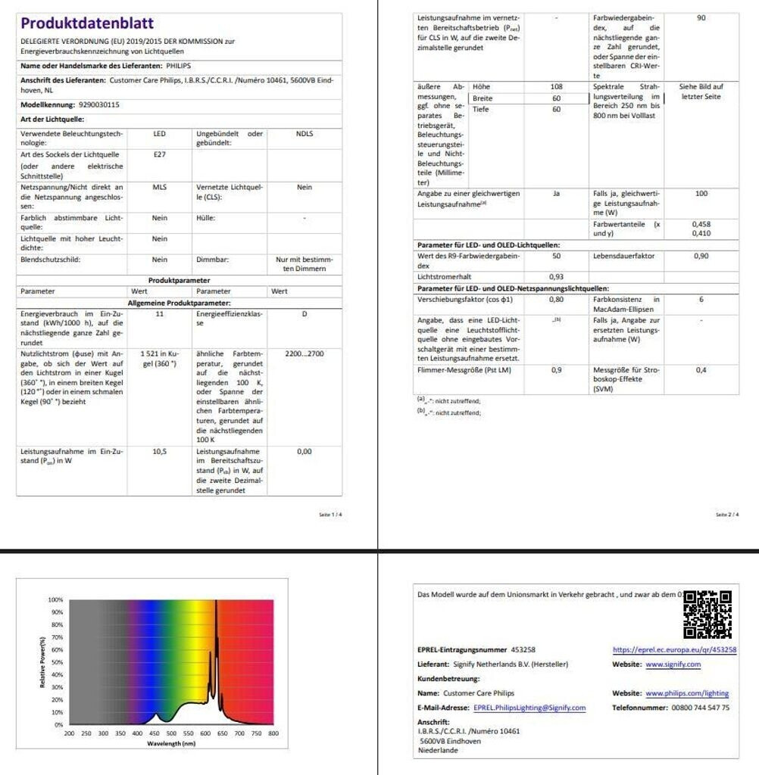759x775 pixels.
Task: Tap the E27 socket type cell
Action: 159,154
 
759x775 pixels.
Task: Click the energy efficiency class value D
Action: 304,313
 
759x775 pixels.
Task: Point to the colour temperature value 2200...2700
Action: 304,353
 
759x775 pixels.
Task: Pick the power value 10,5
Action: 159,451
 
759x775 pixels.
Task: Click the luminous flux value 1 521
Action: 151,353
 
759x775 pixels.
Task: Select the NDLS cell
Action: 304,134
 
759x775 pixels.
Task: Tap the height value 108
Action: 556,87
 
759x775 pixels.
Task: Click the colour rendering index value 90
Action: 701,17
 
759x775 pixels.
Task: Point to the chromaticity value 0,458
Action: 701,224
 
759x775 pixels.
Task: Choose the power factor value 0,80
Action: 556,299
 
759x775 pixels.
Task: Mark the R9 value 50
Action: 556,256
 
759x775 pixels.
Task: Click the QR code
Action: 707,614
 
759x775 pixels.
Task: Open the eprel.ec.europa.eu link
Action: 674,649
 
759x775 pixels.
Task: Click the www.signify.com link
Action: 673,665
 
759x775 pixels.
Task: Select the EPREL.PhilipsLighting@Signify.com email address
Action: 529,708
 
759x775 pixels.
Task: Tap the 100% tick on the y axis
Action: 55,599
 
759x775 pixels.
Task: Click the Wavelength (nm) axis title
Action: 170,743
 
